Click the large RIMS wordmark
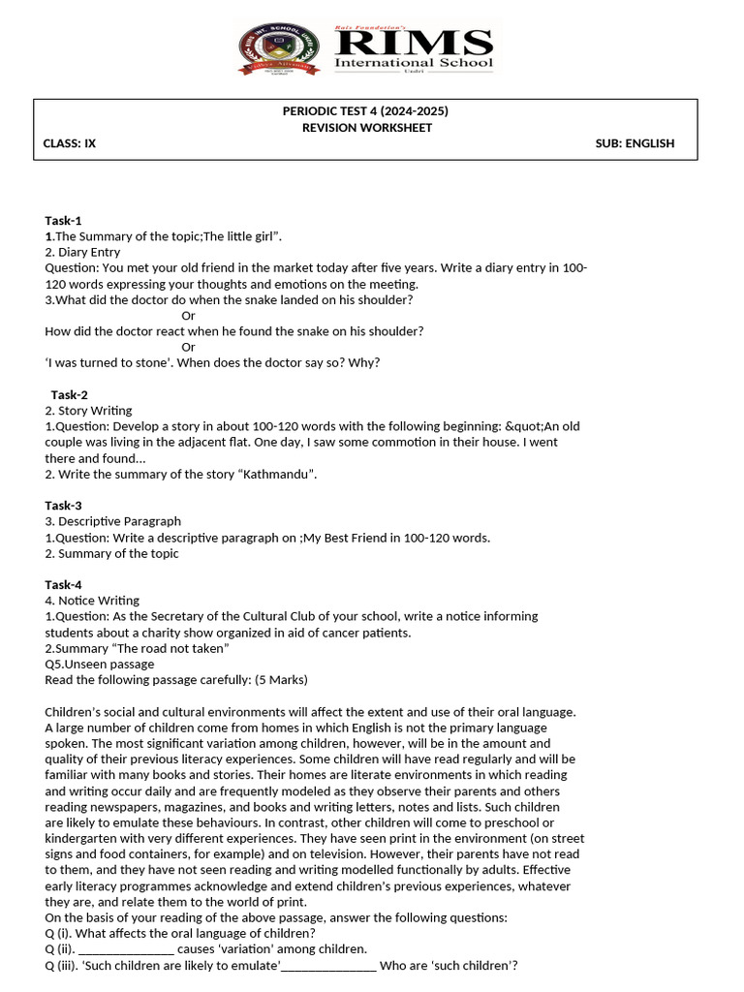click(x=414, y=44)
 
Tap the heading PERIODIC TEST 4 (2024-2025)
click(x=365, y=111)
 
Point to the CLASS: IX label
click(x=70, y=143)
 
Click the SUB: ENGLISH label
click(x=635, y=143)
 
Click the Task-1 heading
click(x=64, y=220)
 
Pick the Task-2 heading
click(x=69, y=394)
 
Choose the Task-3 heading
click(x=64, y=505)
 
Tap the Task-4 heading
click(x=64, y=584)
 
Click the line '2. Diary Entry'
click(x=82, y=252)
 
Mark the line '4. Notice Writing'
click(x=92, y=601)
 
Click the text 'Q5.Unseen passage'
click(x=100, y=664)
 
